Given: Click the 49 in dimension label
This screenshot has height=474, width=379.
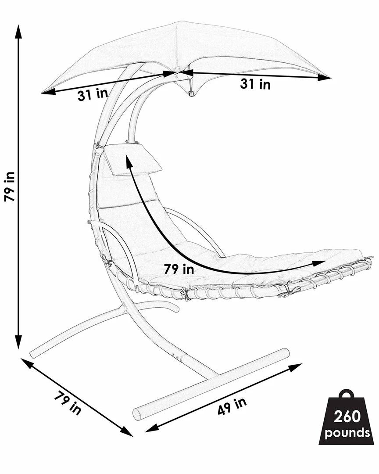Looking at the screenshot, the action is coord(232,406).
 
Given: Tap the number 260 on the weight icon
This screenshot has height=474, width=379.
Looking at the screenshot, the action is coord(347,416).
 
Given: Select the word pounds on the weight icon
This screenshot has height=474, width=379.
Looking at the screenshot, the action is coord(347,433).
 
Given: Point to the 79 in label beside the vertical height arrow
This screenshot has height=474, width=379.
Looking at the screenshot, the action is coord(9,187).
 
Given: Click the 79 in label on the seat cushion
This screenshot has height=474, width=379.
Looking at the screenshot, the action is coord(179,269).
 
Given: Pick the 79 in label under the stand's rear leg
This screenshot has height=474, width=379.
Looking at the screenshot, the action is coord(68,402).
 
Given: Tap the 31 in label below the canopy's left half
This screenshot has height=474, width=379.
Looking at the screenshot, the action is coord(93,94).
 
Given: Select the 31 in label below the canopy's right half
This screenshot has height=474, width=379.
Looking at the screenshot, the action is coord(255,84).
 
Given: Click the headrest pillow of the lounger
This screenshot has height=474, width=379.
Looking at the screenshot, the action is coord(132,159).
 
